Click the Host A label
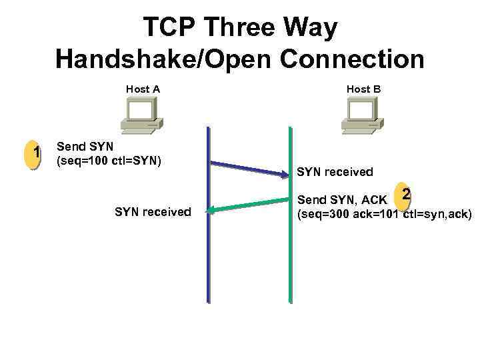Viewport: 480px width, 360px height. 143,89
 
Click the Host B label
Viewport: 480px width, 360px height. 363,89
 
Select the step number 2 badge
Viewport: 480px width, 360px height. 405,195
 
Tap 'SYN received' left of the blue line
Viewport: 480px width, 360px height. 153,212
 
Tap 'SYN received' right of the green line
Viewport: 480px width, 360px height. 335,172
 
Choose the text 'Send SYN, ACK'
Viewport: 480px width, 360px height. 341,200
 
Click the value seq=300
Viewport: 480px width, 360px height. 326,214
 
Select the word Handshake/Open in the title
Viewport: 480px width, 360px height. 164,59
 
